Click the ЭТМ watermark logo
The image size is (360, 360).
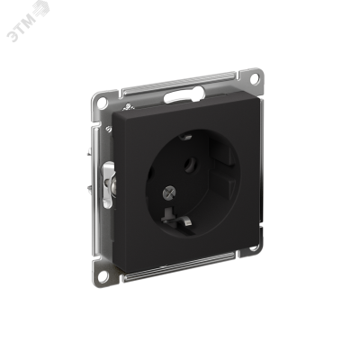click(x=28, y=22)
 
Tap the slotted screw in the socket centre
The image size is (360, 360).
click(x=167, y=193)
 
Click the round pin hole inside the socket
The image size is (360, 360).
click(x=190, y=165)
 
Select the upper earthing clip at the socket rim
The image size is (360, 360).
click(x=185, y=138)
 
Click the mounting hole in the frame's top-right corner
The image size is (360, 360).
click(x=254, y=78)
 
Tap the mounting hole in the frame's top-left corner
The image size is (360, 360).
click(x=103, y=103)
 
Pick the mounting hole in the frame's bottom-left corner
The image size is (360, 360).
click(x=103, y=275)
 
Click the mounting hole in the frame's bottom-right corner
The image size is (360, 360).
click(x=253, y=247)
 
